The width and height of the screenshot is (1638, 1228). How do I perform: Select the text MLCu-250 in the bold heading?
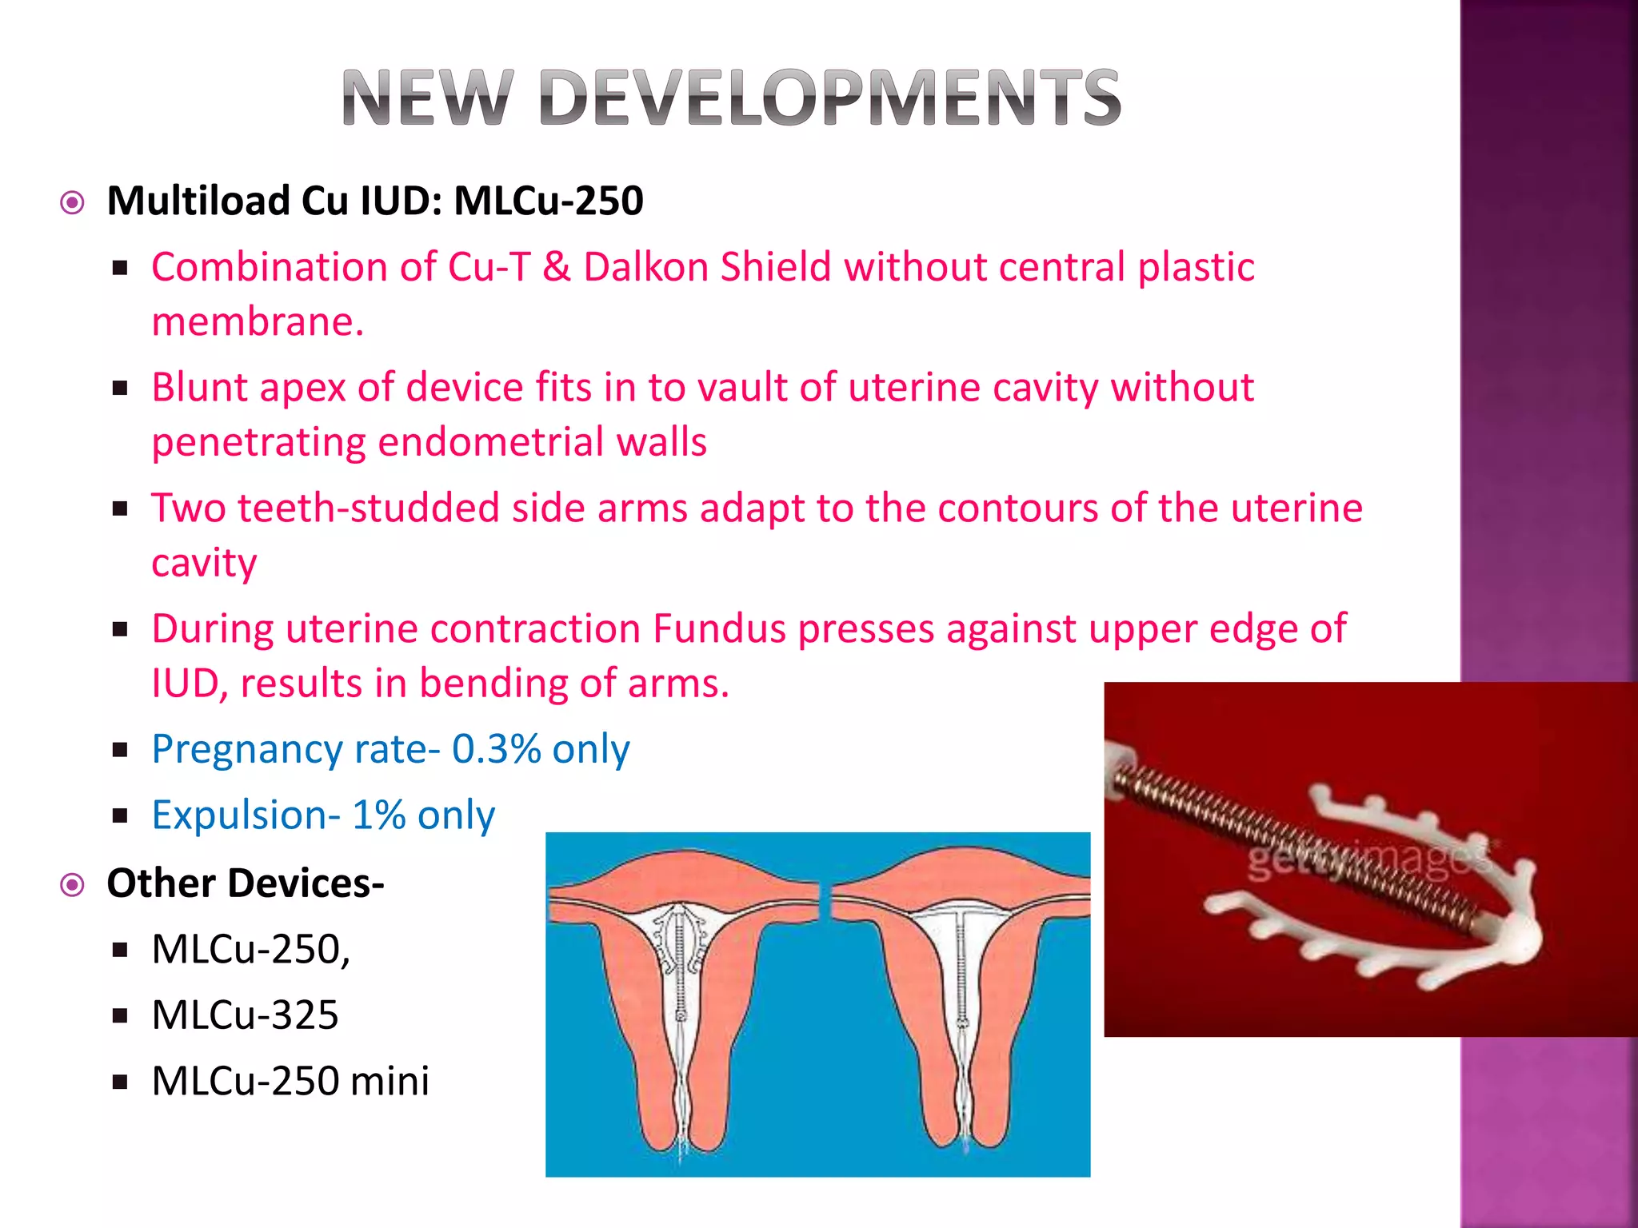pos(549,201)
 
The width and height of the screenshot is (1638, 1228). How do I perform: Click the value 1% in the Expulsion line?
pos(378,815)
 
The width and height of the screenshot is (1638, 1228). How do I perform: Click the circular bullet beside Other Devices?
pos(73,885)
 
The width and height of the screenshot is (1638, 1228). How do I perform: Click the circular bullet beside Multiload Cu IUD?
pos(73,203)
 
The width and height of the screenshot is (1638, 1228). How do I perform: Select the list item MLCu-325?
pos(245,1015)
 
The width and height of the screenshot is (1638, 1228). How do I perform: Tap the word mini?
pos(390,1081)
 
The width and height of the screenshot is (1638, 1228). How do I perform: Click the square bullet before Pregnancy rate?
pos(121,750)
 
